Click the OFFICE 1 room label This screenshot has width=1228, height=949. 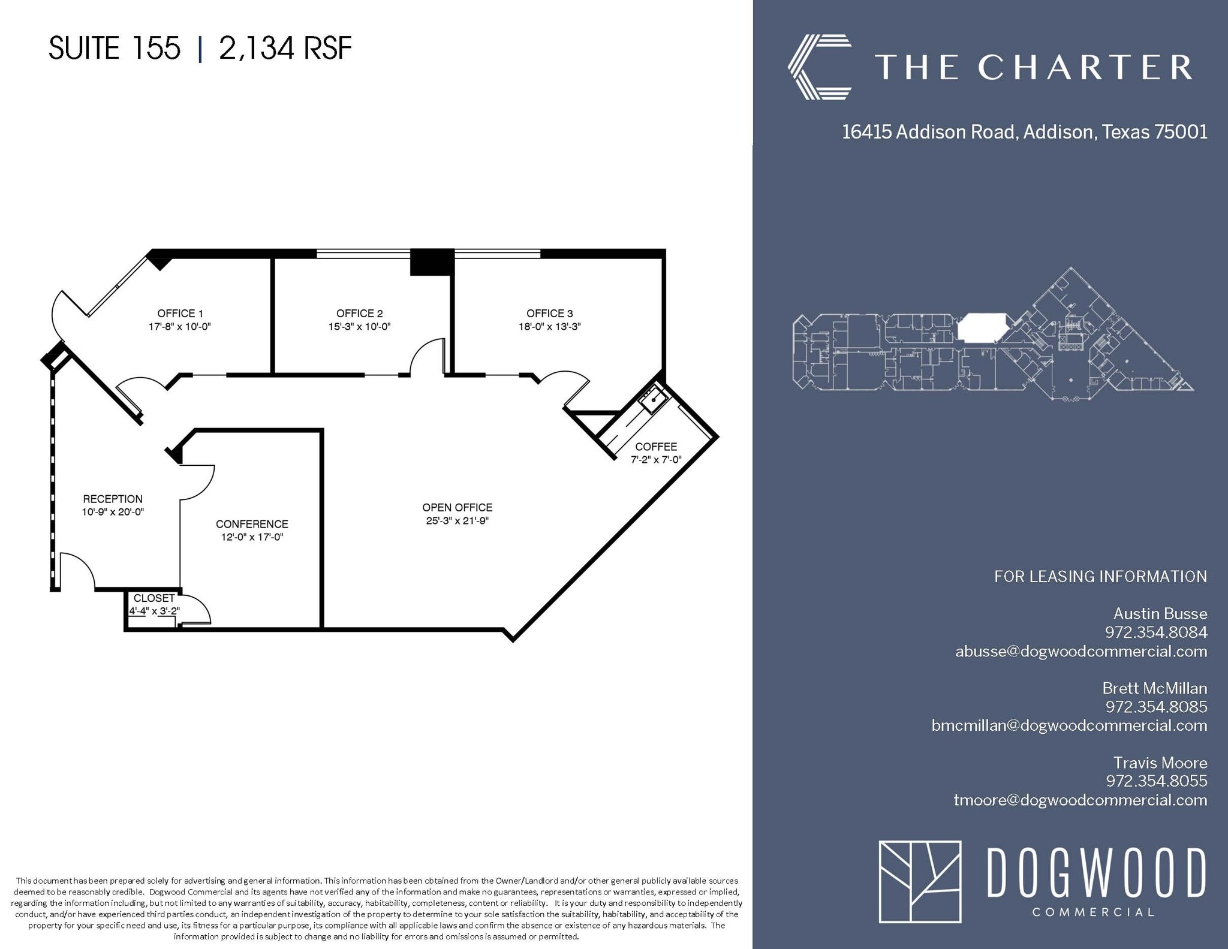tap(180, 313)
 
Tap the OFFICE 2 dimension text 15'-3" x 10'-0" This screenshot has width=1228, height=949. tap(359, 327)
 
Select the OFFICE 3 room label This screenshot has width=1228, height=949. tap(549, 313)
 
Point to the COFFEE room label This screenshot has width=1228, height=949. tap(656, 447)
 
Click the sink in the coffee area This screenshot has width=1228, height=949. tap(652, 399)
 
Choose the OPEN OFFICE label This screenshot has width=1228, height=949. tap(457, 507)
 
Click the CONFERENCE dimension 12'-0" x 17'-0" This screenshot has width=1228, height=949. tap(252, 537)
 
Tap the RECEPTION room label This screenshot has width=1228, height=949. tap(113, 499)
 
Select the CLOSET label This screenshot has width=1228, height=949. tap(154, 598)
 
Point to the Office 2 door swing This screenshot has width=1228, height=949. tap(427, 357)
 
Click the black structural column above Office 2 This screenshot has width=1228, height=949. tap(431, 262)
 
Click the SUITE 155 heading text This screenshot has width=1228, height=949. tap(114, 48)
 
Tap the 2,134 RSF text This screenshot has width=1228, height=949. tap(285, 48)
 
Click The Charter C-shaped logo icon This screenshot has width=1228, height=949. tap(819, 67)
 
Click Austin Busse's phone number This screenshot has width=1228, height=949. tap(1155, 632)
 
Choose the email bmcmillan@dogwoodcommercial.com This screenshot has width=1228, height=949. tap(1069, 725)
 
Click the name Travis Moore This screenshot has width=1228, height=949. tap(1160, 763)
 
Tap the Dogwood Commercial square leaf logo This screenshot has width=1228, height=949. tap(919, 881)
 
